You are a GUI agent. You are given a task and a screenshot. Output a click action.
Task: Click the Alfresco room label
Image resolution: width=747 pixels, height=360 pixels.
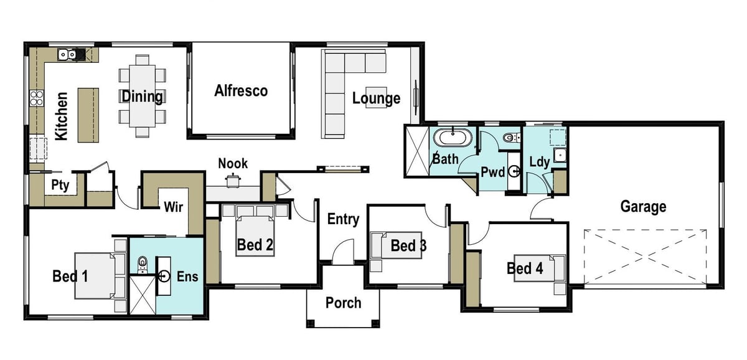point(241,91)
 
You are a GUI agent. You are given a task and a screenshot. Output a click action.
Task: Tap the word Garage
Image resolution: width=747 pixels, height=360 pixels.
point(643,206)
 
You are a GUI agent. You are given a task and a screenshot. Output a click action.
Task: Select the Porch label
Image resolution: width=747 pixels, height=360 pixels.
point(343,303)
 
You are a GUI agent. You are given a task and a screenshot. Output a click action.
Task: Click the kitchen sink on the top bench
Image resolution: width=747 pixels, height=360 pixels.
point(67,55)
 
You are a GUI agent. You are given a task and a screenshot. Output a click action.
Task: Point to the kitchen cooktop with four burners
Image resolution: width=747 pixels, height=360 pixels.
point(36,98)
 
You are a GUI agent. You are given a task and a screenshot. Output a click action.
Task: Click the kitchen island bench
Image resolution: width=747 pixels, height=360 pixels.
point(88,114)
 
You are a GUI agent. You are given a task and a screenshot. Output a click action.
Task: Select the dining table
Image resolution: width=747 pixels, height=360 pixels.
point(143,97)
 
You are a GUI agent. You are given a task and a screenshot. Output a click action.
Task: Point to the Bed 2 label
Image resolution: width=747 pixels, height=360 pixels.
point(255,245)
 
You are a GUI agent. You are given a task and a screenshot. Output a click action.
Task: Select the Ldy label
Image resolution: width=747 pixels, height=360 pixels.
point(539,162)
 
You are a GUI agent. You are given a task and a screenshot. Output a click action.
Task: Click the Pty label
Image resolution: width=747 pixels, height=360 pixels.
point(60,185)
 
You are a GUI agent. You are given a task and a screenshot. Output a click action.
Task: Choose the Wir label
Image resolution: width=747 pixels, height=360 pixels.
point(173,207)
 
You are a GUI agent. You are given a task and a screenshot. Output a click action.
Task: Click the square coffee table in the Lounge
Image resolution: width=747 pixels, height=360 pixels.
point(375,97)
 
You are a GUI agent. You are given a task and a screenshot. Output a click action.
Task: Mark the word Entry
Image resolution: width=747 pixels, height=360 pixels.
point(343,219)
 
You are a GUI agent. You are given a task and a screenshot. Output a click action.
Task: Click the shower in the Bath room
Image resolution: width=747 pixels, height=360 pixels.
point(416,151)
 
